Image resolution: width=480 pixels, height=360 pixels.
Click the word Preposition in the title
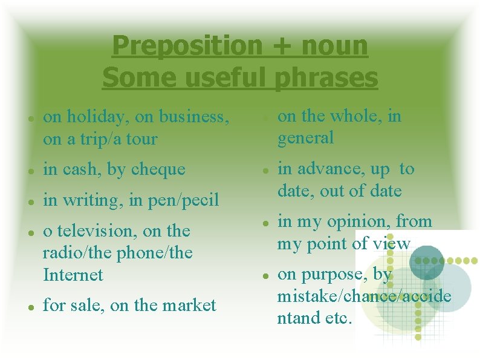tap(187, 46)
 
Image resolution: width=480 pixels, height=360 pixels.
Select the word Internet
tap(73, 275)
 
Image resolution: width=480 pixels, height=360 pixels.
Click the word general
tap(305, 138)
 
